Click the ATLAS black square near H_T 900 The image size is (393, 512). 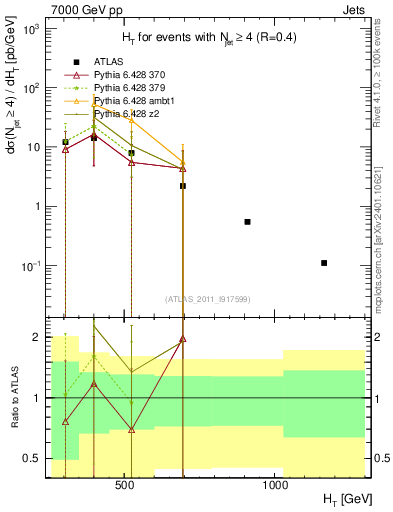[247, 221]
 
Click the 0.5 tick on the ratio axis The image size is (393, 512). [35, 459]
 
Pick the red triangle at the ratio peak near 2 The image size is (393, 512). [183, 339]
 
